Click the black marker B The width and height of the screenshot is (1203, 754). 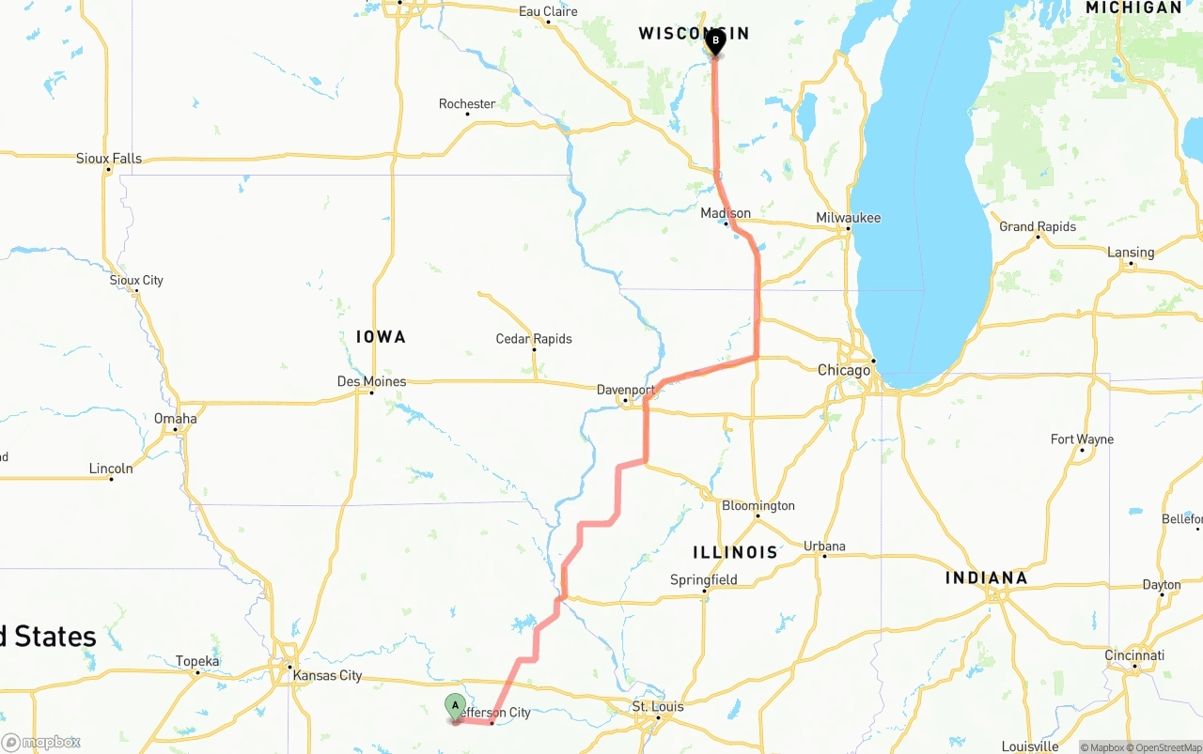click(x=715, y=41)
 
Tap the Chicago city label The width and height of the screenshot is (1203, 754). click(x=844, y=371)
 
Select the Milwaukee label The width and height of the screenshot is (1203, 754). click(x=848, y=218)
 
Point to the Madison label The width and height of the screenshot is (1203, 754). click(x=726, y=213)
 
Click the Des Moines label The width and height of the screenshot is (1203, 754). click(x=371, y=381)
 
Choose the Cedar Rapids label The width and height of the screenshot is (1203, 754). click(x=534, y=339)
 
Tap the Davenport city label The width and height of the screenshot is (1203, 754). click(x=626, y=390)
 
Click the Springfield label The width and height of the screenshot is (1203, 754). click(x=704, y=580)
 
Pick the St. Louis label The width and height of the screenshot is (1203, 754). click(x=658, y=706)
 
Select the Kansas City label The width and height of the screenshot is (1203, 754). click(x=327, y=675)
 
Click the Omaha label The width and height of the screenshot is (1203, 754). click(x=176, y=419)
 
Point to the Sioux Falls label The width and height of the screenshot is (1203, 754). click(x=109, y=159)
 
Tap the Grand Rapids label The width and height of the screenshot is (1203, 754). click(x=1038, y=226)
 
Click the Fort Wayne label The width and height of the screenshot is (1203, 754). click(x=1082, y=439)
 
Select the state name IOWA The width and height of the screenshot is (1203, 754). click(x=381, y=337)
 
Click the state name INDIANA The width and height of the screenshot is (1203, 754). click(x=987, y=578)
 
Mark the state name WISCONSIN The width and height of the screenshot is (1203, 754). click(x=694, y=34)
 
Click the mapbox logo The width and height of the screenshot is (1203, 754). click(x=41, y=742)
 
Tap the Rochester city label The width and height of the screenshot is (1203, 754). click(x=467, y=103)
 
